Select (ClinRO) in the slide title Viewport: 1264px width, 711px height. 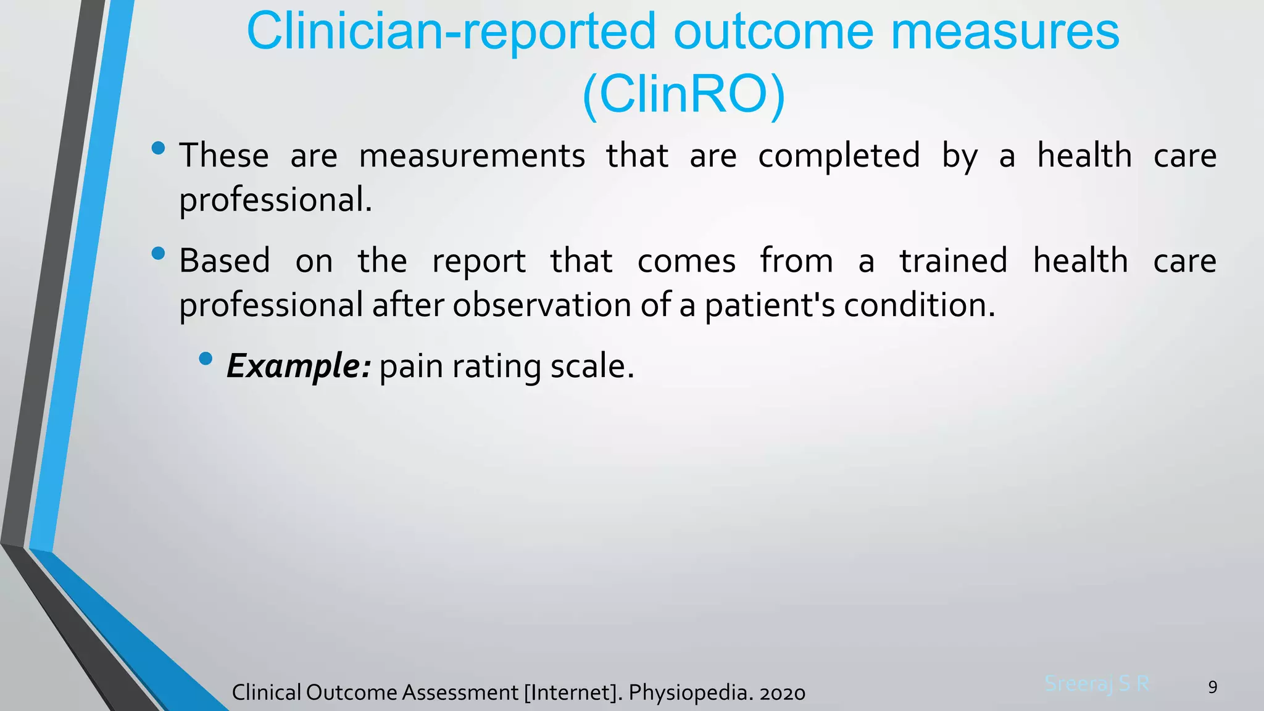(x=683, y=95)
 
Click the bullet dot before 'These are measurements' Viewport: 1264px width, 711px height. (x=159, y=148)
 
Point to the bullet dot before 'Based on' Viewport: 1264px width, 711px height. (x=159, y=253)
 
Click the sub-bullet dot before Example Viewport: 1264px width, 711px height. (x=206, y=359)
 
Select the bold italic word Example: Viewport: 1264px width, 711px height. (x=299, y=366)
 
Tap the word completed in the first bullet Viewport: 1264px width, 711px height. (x=839, y=156)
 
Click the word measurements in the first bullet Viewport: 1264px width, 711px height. (x=472, y=156)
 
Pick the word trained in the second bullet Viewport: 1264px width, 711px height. (x=953, y=260)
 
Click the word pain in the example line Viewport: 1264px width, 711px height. (x=411, y=366)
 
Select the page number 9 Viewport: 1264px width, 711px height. (x=1212, y=687)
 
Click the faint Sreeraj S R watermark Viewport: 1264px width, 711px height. (x=1097, y=684)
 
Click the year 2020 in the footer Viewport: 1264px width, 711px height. (x=782, y=693)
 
